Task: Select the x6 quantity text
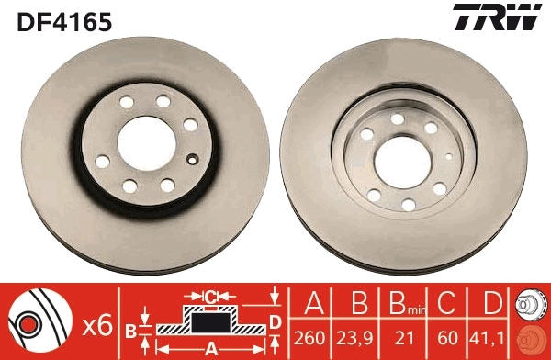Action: coord(96,323)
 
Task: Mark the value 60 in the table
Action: coord(447,338)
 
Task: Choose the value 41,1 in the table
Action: coord(492,338)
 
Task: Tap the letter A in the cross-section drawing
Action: coord(210,347)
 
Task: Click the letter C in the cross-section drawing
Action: coord(209,297)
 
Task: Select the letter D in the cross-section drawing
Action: coord(275,321)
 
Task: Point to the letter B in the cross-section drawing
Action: coord(130,328)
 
